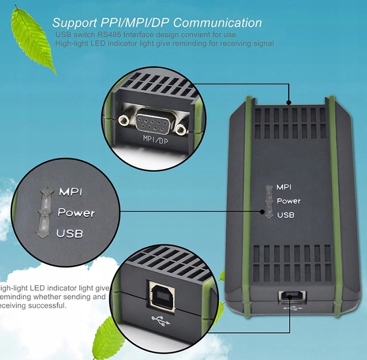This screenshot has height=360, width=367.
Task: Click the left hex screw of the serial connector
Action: coord(125,121)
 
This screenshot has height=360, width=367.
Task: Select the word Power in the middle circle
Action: coord(76,213)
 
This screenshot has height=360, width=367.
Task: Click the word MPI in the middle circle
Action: coord(71,192)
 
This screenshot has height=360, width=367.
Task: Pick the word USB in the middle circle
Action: coord(69,233)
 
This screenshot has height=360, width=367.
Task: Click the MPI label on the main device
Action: coord(284,187)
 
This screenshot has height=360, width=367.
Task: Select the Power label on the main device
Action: coord(288,201)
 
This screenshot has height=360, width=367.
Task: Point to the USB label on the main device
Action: coord(285,215)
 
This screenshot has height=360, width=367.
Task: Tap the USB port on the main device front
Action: coord(292,295)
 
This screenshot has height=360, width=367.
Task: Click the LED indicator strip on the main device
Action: coord(269,201)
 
